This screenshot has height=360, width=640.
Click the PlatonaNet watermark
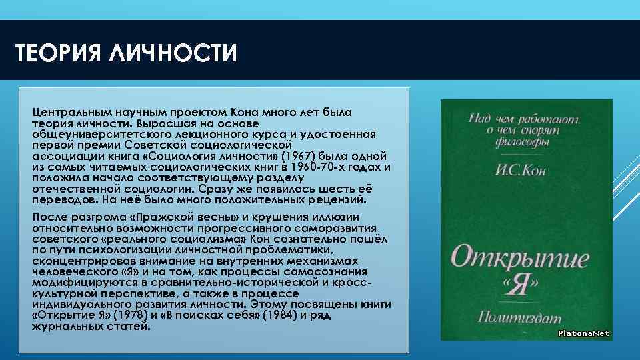coord(583,333)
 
